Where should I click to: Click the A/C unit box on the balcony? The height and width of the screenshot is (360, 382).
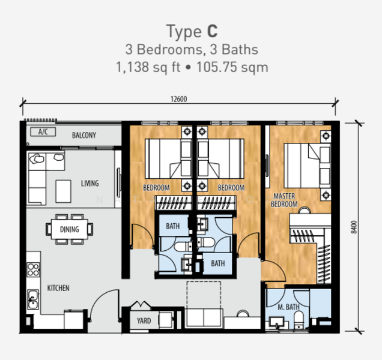pos(43,132)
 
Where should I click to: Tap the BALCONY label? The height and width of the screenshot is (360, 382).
pos(84,136)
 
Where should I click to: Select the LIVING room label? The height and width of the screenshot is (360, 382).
pos(90,183)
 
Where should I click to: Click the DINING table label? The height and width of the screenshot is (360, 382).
pos(70,229)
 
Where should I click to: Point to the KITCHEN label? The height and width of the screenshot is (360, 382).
pos(58,288)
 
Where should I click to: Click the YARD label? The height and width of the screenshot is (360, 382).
pos(144,321)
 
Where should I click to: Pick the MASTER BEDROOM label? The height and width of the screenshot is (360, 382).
pos(284,200)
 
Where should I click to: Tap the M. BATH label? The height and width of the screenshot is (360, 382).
pos(289,307)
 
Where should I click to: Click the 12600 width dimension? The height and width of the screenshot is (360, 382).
pos(179,99)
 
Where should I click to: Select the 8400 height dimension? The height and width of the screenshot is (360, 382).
pos(354,227)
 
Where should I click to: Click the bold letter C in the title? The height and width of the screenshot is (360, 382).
pos(212,31)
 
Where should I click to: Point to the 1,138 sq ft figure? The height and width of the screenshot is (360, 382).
pos(148,67)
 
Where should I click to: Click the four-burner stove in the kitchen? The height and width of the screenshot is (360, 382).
pos(34,269)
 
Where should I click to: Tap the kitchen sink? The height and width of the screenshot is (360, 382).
pos(33,299)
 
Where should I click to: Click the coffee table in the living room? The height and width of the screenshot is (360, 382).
pos(63,191)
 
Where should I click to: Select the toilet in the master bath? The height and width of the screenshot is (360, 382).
pos(299,319)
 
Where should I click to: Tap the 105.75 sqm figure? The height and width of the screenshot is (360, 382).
pos(232,67)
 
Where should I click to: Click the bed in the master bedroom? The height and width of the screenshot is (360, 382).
pos(308,166)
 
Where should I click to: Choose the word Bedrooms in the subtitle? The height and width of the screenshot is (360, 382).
pos(169,49)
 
